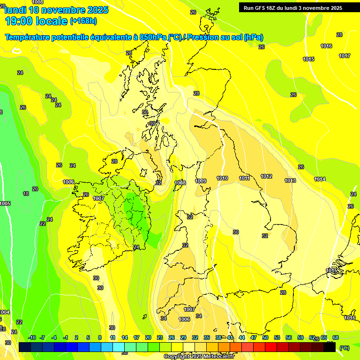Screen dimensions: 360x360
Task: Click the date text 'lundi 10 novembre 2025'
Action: click(56, 10)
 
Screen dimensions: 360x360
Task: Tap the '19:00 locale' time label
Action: click(36, 21)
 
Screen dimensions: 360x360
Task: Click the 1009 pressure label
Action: click(201, 181)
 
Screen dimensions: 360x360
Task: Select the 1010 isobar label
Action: click(222, 178)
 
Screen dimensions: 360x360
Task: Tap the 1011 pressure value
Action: click(244, 178)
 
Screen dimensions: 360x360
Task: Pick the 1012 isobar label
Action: click(266, 176)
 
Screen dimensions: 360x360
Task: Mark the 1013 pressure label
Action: click(290, 180)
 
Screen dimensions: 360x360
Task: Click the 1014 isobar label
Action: click(320, 179)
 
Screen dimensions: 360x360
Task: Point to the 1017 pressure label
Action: click(345, 56)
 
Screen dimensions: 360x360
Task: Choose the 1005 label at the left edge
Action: click(5, 203)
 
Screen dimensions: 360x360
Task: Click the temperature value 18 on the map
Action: click(26, 194)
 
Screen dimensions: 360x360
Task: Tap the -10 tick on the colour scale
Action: click(32, 337)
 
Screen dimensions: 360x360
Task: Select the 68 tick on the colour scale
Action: click(336, 337)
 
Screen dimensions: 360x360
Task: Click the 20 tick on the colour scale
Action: click(148, 337)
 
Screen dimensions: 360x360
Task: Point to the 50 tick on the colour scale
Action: click(265, 337)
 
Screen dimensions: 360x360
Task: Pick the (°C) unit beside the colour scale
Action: click(345, 348)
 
